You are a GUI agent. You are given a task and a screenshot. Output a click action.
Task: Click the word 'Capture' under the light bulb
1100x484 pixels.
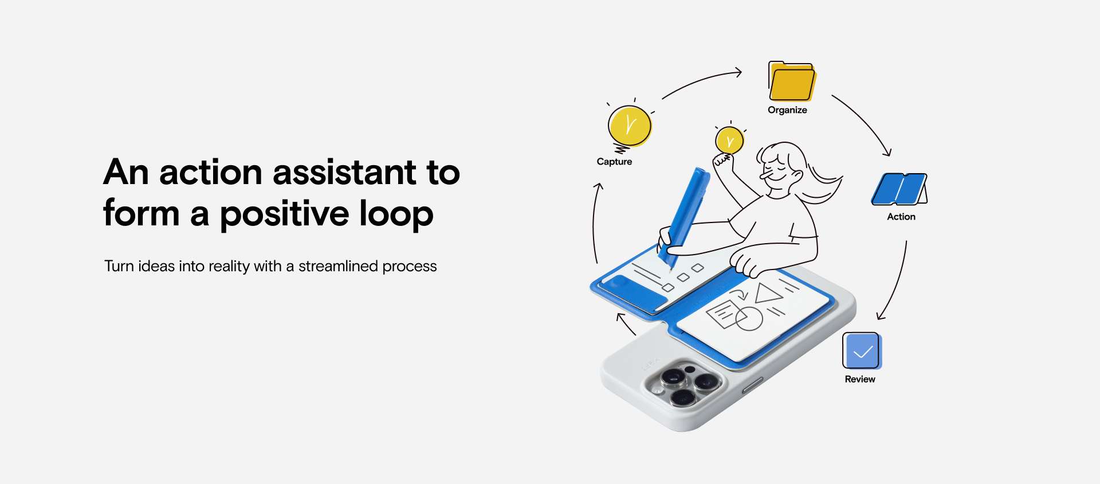pyautogui.click(x=614, y=162)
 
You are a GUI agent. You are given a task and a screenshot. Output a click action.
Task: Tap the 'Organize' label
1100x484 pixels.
pyautogui.click(x=787, y=110)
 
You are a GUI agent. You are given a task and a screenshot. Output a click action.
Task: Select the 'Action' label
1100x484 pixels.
pyautogui.click(x=901, y=217)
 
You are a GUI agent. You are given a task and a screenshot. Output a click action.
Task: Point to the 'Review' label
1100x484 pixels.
pyautogui.click(x=860, y=379)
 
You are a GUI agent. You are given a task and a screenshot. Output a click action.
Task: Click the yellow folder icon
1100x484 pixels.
pyautogui.click(x=792, y=81)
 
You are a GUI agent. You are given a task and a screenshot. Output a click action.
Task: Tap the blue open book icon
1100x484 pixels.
pyautogui.click(x=899, y=189)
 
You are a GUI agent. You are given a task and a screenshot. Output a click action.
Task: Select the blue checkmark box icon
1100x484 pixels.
pyautogui.click(x=862, y=351)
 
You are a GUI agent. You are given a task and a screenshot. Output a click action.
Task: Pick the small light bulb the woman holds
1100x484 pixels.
pyautogui.click(x=729, y=140)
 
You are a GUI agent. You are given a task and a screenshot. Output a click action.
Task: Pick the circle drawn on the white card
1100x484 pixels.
pyautogui.click(x=749, y=319)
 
